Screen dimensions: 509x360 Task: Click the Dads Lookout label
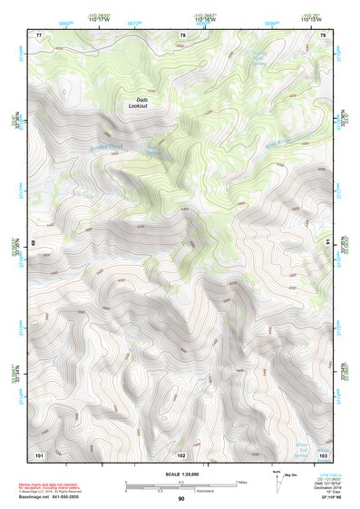point(136,103)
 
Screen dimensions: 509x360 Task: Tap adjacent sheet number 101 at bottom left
point(39,454)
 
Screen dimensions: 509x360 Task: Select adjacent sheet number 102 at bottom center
point(181,454)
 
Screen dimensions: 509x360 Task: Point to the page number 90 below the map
point(181,499)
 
